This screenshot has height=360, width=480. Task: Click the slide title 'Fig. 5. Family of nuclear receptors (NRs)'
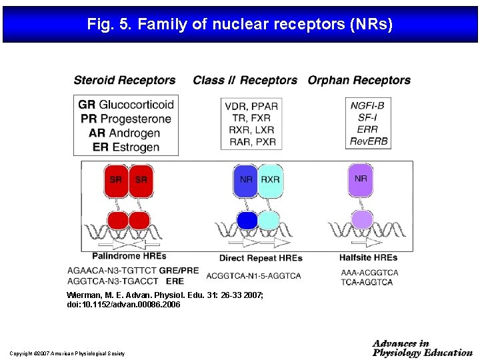pyautogui.click(x=240, y=25)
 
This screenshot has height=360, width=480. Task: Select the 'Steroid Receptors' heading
pyautogui.click(x=125, y=80)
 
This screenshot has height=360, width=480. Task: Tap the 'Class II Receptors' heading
pyautogui.click(x=245, y=80)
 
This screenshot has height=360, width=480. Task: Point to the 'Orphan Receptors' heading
pyautogui.click(x=359, y=80)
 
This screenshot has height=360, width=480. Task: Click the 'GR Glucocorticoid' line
pyautogui.click(x=126, y=105)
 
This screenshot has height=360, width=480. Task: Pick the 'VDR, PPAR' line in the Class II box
pyautogui.click(x=251, y=106)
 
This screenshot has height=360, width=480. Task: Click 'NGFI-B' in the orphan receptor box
pyautogui.click(x=367, y=105)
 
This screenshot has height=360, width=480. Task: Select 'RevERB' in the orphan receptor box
pyautogui.click(x=368, y=141)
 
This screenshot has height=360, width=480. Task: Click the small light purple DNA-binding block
pyautogui.click(x=361, y=219)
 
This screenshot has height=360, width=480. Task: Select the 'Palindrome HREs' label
pyautogui.click(x=129, y=255)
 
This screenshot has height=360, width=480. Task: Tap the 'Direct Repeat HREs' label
pyautogui.click(x=261, y=258)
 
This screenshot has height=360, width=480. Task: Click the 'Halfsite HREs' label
pyautogui.click(x=368, y=257)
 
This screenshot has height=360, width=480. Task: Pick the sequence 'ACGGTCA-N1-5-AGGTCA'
pyautogui.click(x=253, y=275)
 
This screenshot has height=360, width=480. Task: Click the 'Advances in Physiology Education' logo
pyautogui.click(x=423, y=348)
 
